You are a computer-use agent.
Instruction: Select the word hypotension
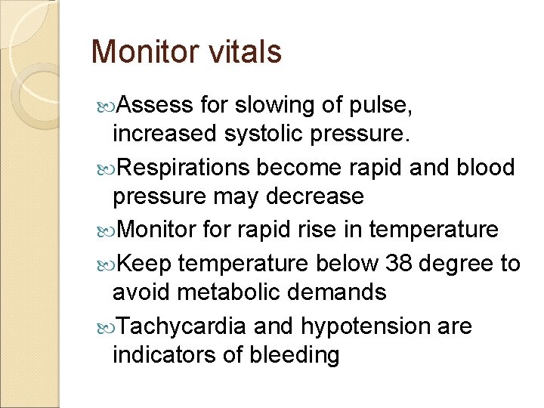pyautogui.click(x=364, y=326)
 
